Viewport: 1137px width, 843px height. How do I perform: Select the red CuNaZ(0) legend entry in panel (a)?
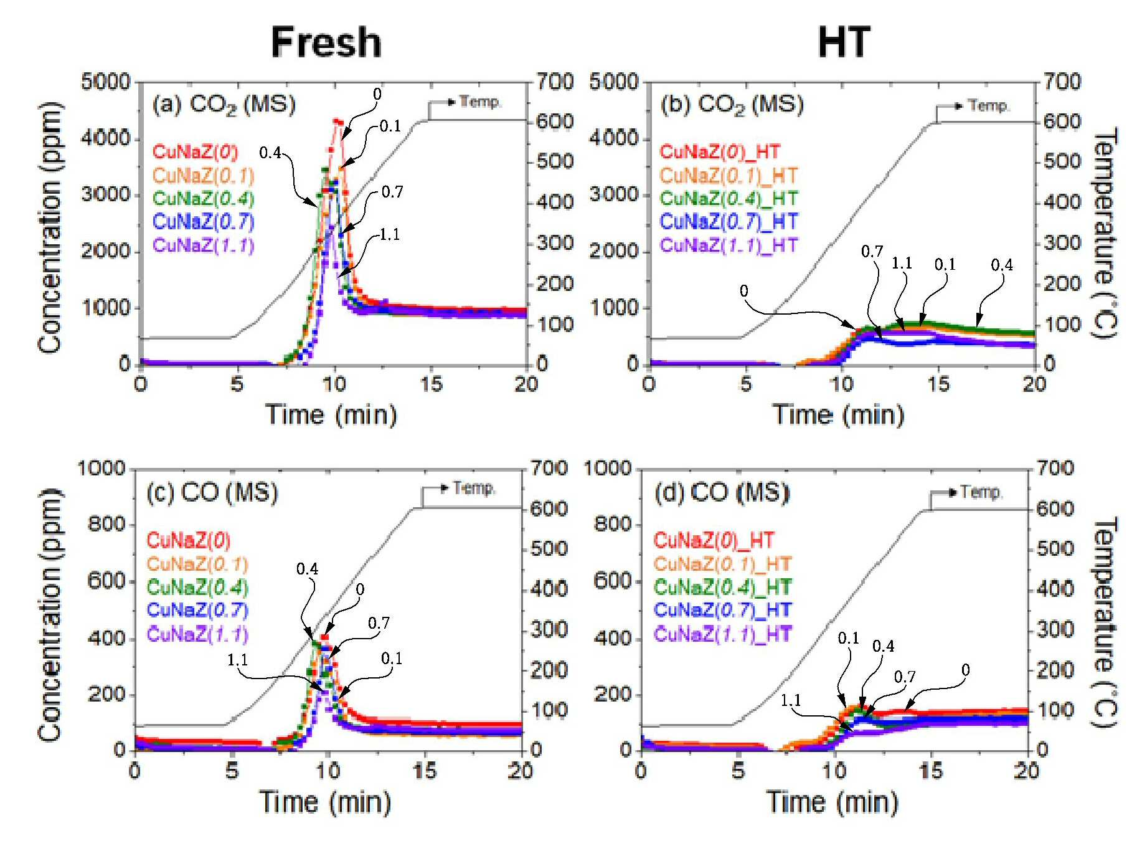[x=195, y=152]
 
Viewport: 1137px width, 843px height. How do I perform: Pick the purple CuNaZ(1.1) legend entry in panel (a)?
[x=204, y=245]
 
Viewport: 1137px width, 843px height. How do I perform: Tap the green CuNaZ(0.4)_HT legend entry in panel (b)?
[x=729, y=199]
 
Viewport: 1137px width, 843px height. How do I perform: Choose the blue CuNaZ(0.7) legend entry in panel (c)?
[x=197, y=610]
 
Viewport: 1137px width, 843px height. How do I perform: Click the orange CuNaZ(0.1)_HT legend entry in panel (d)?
[x=722, y=564]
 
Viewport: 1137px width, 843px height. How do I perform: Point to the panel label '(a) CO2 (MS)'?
[x=224, y=105]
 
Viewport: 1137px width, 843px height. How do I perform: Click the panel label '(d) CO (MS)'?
[x=722, y=493]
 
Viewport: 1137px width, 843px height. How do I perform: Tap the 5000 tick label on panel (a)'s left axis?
[x=106, y=82]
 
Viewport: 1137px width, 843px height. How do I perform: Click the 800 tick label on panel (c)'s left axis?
[x=107, y=524]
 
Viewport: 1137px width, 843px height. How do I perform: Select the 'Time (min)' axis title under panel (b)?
[x=839, y=414]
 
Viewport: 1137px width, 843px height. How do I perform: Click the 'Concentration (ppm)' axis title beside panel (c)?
[x=50, y=614]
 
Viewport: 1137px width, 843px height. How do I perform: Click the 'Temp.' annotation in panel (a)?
[x=480, y=102]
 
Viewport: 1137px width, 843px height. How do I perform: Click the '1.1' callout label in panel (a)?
[x=390, y=235]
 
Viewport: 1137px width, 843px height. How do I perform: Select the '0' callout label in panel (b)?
[x=744, y=291]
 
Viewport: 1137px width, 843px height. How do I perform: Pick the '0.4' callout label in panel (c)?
[x=307, y=569]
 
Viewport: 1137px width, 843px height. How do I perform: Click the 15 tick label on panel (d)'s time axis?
[x=931, y=771]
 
